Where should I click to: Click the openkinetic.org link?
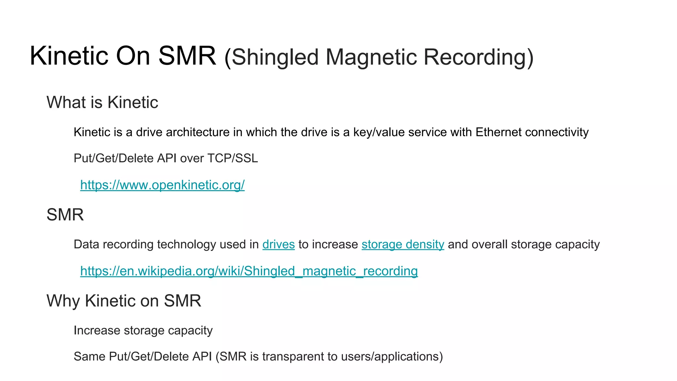point(162,185)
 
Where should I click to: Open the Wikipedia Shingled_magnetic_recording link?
point(249,271)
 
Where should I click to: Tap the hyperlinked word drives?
point(278,244)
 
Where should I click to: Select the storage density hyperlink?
point(403,244)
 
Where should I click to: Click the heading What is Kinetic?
point(102,102)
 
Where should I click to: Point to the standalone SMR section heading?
point(65,215)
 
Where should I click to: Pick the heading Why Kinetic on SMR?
point(124,301)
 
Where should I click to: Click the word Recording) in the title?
point(478,57)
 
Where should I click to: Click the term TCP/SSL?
point(232,158)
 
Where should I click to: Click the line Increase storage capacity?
point(143,330)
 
